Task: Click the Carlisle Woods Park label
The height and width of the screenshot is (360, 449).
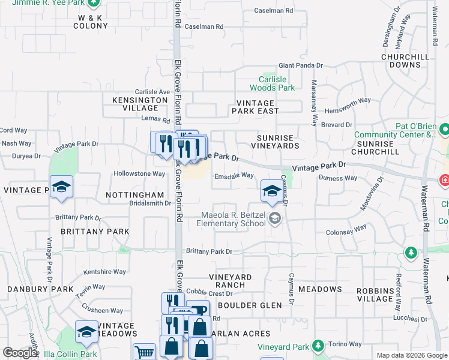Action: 276,83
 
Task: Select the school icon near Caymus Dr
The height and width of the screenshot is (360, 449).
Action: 271,191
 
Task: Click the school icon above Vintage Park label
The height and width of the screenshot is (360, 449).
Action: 61,187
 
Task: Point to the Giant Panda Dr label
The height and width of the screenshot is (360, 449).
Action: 300,66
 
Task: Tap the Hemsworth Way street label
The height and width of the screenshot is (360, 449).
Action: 348,101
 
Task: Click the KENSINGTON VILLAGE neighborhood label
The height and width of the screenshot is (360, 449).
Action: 140,104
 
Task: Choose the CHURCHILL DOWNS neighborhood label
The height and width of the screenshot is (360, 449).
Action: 405,61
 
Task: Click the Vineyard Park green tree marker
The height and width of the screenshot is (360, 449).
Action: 318,346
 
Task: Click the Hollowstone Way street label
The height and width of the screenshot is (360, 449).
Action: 139,174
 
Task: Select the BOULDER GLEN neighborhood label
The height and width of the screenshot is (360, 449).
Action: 250,305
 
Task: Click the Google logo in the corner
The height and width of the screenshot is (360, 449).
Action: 20,353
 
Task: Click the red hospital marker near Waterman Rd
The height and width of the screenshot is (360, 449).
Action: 445,179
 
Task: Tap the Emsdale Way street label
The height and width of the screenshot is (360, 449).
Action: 234,176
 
